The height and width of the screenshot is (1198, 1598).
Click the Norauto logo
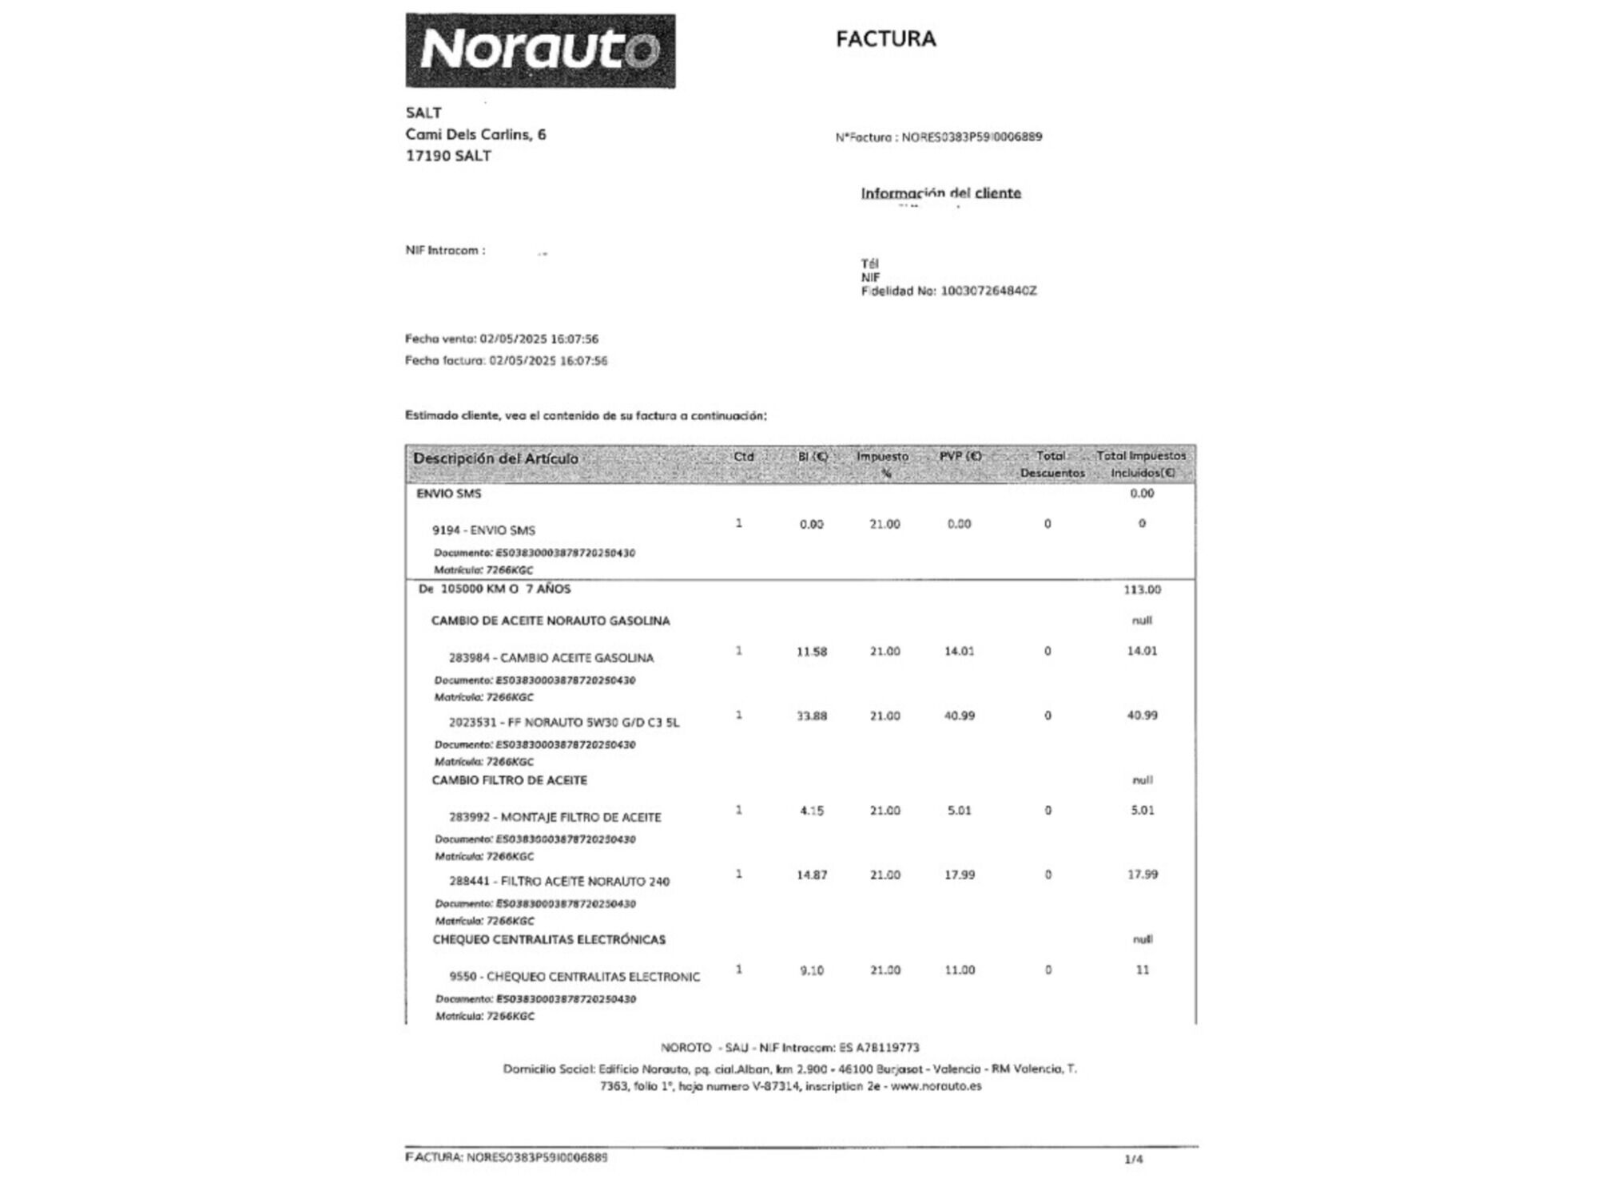pyautogui.click(x=540, y=50)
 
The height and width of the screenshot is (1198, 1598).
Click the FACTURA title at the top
pyautogui.click(x=885, y=38)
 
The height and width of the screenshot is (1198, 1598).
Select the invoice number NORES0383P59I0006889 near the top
pyautogui.click(x=972, y=137)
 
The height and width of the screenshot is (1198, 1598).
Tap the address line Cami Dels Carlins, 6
pyautogui.click(x=475, y=134)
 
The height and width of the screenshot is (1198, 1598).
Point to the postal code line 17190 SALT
pyautogui.click(x=448, y=156)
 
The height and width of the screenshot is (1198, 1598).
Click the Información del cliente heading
pyautogui.click(x=940, y=192)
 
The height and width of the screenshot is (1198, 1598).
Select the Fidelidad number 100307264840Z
pyautogui.click(x=988, y=291)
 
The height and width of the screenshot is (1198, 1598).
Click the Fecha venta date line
pyautogui.click(x=502, y=339)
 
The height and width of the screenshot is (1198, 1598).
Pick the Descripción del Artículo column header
pyautogui.click(x=495, y=458)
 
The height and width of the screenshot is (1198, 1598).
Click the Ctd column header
pyautogui.click(x=743, y=457)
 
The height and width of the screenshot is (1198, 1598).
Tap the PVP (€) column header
pyautogui.click(x=960, y=456)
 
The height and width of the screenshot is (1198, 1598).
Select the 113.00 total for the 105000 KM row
pyautogui.click(x=1142, y=589)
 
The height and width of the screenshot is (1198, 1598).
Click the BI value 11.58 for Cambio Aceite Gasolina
pyautogui.click(x=811, y=652)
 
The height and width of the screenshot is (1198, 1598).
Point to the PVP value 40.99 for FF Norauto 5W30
pyautogui.click(x=959, y=716)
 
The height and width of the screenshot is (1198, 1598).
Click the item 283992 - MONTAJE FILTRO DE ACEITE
pyautogui.click(x=555, y=817)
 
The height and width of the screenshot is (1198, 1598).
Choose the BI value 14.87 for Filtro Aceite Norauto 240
pyautogui.click(x=811, y=875)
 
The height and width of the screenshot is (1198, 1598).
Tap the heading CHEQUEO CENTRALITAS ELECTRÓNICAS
pyautogui.click(x=549, y=939)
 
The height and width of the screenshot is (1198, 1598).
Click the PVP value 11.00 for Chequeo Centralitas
pyautogui.click(x=959, y=970)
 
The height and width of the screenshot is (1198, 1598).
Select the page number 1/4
pyautogui.click(x=1133, y=1159)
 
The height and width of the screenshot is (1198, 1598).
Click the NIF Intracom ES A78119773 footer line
pyautogui.click(x=790, y=1047)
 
